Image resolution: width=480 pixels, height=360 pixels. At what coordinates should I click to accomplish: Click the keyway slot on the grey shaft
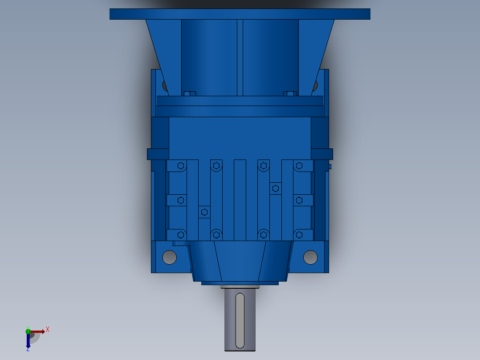pyautogui.click(x=240, y=320)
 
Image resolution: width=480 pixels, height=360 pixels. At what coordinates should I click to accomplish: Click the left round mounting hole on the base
pyautogui.click(x=170, y=257)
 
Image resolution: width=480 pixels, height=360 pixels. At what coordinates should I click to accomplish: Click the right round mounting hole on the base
pyautogui.click(x=310, y=257)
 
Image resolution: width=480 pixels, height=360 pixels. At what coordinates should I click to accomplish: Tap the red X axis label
pyautogui.click(x=48, y=330)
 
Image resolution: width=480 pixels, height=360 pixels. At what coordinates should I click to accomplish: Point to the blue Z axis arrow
pyautogui.click(x=28, y=341)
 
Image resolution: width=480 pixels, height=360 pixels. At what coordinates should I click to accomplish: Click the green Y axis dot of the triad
pyautogui.click(x=28, y=331)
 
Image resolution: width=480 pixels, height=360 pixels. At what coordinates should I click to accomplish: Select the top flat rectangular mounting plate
pyautogui.click(x=240, y=14)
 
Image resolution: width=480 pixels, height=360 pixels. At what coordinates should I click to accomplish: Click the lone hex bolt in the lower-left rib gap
pyautogui.click(x=204, y=212)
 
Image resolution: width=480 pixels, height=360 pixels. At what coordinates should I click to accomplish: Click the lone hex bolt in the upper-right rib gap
pyautogui.click(x=276, y=188)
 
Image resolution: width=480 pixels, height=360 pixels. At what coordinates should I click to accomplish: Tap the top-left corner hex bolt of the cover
pyautogui.click(x=181, y=166)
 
